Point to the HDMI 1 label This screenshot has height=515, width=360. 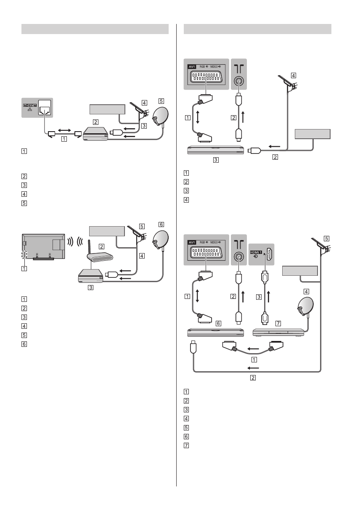click(256, 251)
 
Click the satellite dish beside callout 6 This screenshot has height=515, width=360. click(159, 240)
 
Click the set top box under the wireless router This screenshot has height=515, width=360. click(91, 276)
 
